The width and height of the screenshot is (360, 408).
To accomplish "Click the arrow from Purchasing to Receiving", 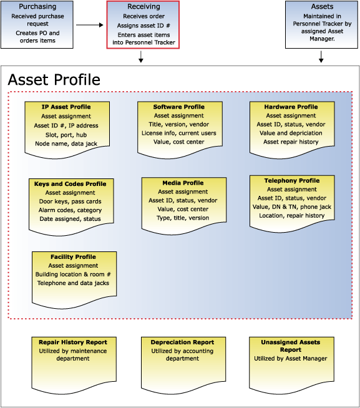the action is [90, 25].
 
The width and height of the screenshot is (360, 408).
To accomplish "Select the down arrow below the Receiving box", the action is [141, 57].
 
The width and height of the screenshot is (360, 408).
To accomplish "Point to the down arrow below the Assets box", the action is [321, 57].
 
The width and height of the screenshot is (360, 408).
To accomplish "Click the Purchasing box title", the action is [37, 6].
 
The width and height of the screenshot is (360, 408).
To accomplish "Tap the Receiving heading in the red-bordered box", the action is [144, 6].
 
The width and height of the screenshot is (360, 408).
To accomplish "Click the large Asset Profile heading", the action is [54, 80].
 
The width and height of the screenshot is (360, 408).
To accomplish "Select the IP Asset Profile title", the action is [66, 107].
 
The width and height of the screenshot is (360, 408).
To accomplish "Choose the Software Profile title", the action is [179, 107].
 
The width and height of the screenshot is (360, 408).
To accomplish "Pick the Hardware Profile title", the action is [291, 107].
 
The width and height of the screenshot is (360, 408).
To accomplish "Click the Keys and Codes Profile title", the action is [71, 183].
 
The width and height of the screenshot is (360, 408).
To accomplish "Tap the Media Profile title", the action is [183, 183].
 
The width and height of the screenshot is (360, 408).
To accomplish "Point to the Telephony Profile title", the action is [292, 180].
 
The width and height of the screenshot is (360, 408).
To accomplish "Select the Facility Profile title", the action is [73, 256].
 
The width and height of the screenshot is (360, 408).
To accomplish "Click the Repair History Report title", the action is [73, 342].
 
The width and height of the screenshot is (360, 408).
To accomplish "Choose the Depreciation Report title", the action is [182, 342].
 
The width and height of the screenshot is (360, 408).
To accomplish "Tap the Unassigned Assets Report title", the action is [291, 346].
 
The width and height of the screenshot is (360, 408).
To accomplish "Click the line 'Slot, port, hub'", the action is [66, 135].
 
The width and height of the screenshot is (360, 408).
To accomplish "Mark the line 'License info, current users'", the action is [179, 133].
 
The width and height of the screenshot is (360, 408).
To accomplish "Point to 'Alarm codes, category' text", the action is [71, 210].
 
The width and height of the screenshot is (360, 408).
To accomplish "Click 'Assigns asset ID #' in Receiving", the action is [144, 26].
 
